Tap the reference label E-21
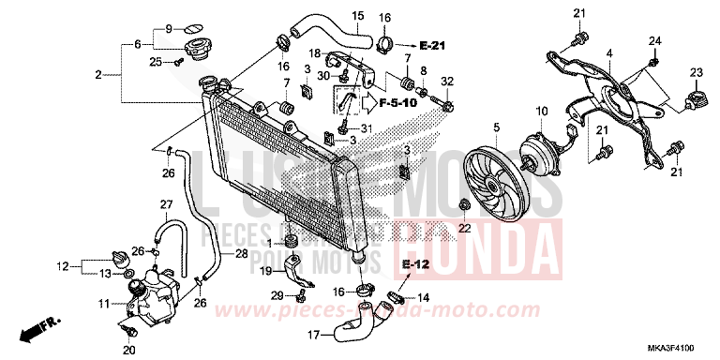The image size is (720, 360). tap(436, 45)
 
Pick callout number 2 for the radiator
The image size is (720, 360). tap(97, 73)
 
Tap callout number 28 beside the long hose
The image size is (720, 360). tap(241, 254)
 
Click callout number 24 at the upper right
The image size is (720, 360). tap(654, 39)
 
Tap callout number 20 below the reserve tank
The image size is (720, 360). tap(128, 349)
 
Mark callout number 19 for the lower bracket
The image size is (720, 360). tap(265, 271)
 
